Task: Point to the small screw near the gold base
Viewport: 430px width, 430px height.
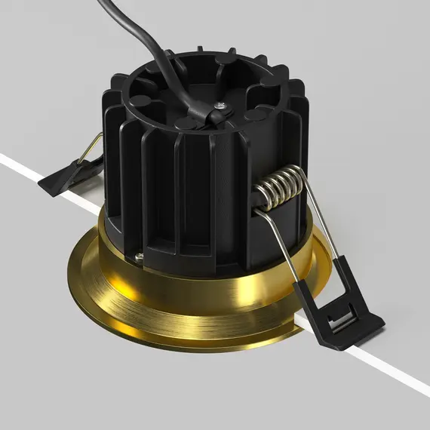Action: (139, 258)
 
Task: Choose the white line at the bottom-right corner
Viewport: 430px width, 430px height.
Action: (407, 381)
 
